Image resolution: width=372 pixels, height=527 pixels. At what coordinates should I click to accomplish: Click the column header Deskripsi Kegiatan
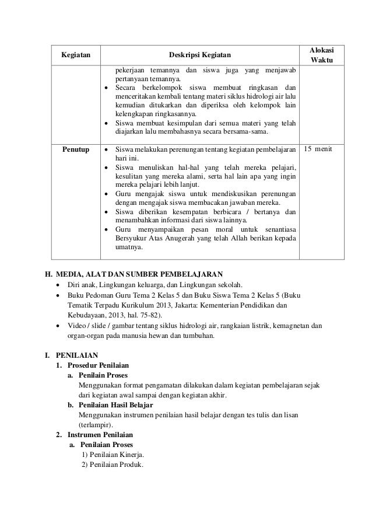[199, 55]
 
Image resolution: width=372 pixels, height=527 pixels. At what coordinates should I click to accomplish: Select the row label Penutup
[76, 150]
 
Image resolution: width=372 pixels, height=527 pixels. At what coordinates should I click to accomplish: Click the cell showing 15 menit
[318, 150]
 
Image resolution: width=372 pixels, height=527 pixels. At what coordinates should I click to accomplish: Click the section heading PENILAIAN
[77, 354]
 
